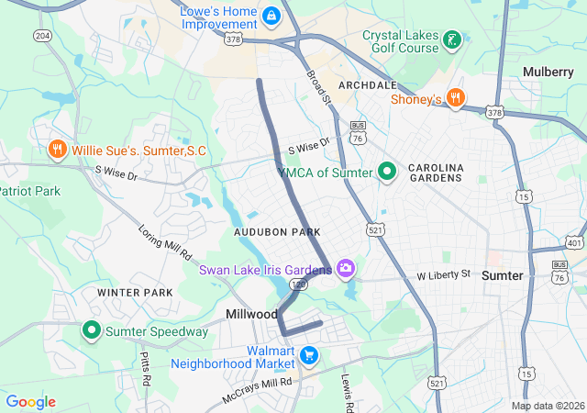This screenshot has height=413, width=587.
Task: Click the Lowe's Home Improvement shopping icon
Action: (271, 17)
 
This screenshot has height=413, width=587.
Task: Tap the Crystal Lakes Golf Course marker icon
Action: (451, 39)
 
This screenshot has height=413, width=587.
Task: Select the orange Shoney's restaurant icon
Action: (456, 99)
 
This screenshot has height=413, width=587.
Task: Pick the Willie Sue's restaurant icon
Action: (57, 150)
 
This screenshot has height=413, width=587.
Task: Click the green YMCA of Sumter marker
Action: (387, 172)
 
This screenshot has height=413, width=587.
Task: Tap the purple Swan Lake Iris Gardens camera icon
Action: (346, 269)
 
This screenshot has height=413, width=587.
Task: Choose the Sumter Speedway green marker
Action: (92, 330)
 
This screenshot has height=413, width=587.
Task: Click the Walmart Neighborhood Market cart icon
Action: (310, 355)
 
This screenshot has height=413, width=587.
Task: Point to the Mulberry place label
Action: (548, 72)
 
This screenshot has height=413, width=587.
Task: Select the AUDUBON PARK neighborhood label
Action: (277, 233)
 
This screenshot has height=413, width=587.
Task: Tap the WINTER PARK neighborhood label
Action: (135, 293)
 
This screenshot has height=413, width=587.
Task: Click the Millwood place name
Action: (251, 314)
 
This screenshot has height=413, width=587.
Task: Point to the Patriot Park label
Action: (29, 191)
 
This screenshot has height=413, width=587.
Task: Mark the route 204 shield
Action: (42, 35)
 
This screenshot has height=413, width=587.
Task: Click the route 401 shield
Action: (574, 243)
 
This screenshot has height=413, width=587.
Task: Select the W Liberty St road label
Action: (443, 274)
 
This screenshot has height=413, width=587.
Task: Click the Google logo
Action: (31, 402)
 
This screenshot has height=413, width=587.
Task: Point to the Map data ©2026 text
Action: (547, 406)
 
